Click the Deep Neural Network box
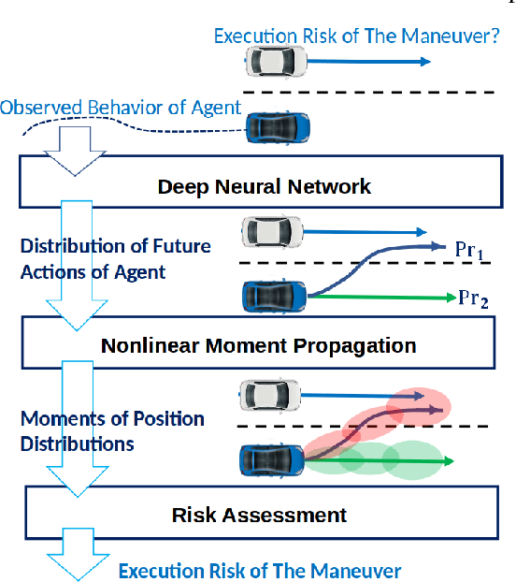264,186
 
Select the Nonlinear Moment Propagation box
258,345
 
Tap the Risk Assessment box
259,515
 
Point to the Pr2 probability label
472,298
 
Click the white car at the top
276,62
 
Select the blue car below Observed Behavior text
277,128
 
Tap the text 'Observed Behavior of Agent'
122,107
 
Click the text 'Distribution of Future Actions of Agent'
115,259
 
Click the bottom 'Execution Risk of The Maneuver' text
259,571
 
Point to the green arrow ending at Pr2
383,298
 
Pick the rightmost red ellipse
420,406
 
